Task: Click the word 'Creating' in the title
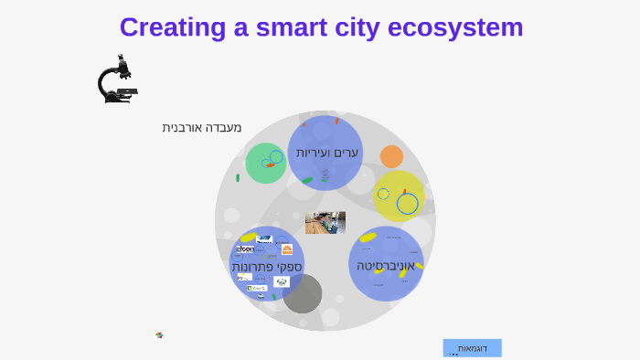pos(171,27)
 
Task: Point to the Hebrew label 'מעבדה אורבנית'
pos(202,128)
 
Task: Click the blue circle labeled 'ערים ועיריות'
pos(325,153)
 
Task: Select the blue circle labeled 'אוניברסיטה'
pos(386,265)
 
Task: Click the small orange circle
pos(391,156)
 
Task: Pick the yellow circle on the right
pos(399,196)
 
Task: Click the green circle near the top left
pos(265,164)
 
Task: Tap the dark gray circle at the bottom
pos(303,293)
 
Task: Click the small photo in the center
pos(325,223)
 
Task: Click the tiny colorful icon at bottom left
pos(159,335)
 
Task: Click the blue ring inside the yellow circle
pos(407,204)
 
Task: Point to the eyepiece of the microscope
pos(120,58)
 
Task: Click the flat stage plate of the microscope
pos(127,91)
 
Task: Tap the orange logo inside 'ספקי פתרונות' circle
pos(287,249)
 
